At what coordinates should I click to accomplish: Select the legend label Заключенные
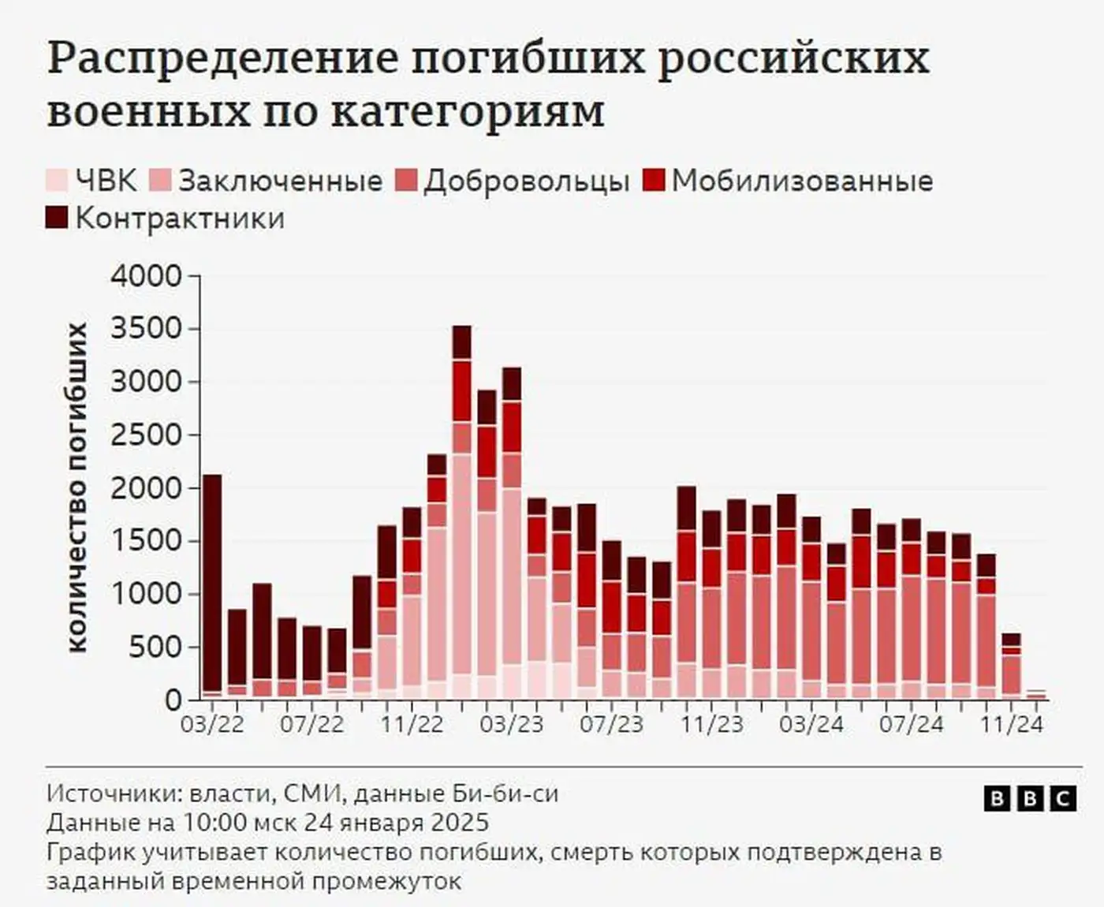point(281,181)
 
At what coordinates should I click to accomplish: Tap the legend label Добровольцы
point(526,181)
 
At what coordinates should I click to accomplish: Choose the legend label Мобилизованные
point(802,181)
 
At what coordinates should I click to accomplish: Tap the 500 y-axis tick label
point(155,648)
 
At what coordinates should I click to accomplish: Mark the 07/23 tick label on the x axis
point(611,724)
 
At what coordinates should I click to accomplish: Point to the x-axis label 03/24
point(811,724)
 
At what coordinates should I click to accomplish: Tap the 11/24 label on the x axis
point(1011,724)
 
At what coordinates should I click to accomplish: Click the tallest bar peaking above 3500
point(462,513)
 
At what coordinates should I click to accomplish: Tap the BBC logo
point(1030,799)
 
